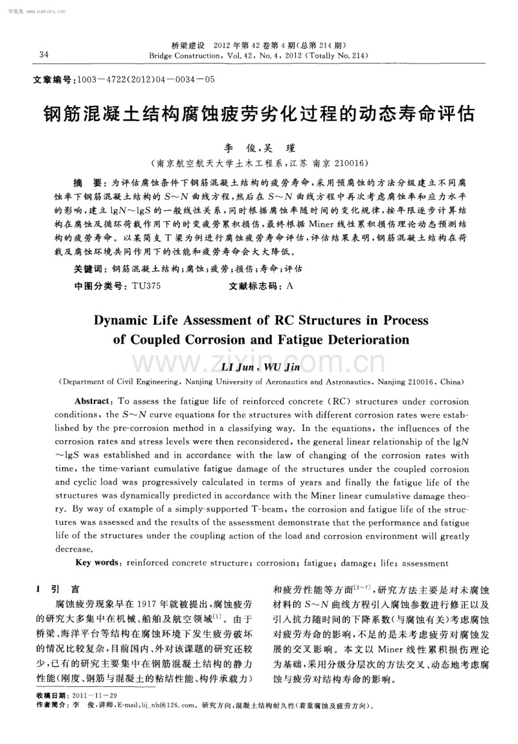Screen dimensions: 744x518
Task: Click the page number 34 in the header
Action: (x=44, y=54)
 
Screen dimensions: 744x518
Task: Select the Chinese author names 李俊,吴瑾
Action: (x=258, y=148)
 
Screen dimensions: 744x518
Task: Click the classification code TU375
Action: (x=146, y=285)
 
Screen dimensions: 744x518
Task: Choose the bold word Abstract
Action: (x=95, y=401)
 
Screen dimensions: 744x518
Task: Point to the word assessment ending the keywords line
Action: (x=423, y=563)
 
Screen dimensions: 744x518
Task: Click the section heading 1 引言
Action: (x=58, y=589)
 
